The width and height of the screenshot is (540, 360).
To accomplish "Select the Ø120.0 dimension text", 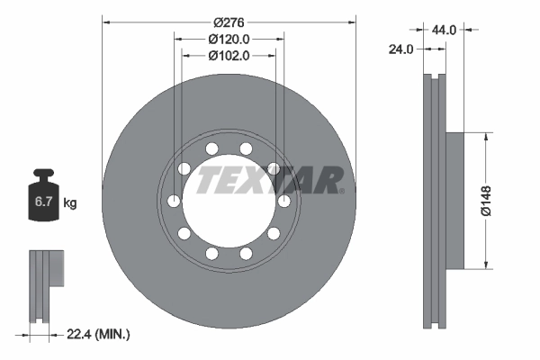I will [229, 39].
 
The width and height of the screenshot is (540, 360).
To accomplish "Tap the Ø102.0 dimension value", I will [229, 55].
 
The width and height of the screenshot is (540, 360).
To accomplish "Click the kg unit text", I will [70, 202].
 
